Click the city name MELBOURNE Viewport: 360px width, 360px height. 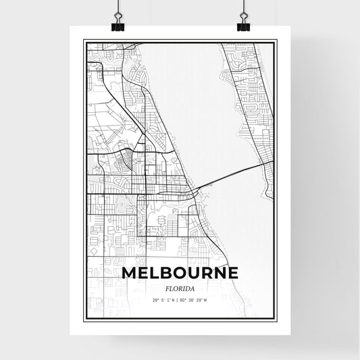pos(180,273)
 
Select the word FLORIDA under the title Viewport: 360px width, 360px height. pos(180,286)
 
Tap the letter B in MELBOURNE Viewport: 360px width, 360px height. pos(168,273)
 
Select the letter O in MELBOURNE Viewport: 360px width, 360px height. pos(182,273)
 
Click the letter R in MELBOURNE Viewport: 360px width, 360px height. pos(208,273)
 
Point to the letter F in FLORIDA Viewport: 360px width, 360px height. pos(165,286)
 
